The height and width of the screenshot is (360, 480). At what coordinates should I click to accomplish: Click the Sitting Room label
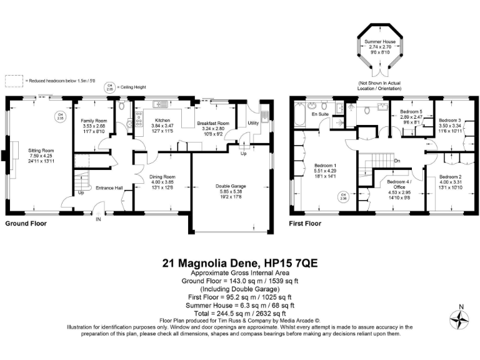pyautogui.click(x=41, y=151)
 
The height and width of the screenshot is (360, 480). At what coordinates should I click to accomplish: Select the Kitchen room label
pyautogui.click(x=162, y=120)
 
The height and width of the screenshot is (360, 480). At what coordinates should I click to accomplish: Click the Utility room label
pyautogui.click(x=252, y=124)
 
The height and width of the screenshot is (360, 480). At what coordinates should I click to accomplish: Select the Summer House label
pyautogui.click(x=380, y=41)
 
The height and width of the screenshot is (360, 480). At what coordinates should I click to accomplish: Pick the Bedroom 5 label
pyautogui.click(x=411, y=112)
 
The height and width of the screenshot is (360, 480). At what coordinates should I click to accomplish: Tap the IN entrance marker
pyautogui.click(x=97, y=219)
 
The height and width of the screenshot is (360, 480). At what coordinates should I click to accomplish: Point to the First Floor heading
pyautogui.click(x=305, y=223)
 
